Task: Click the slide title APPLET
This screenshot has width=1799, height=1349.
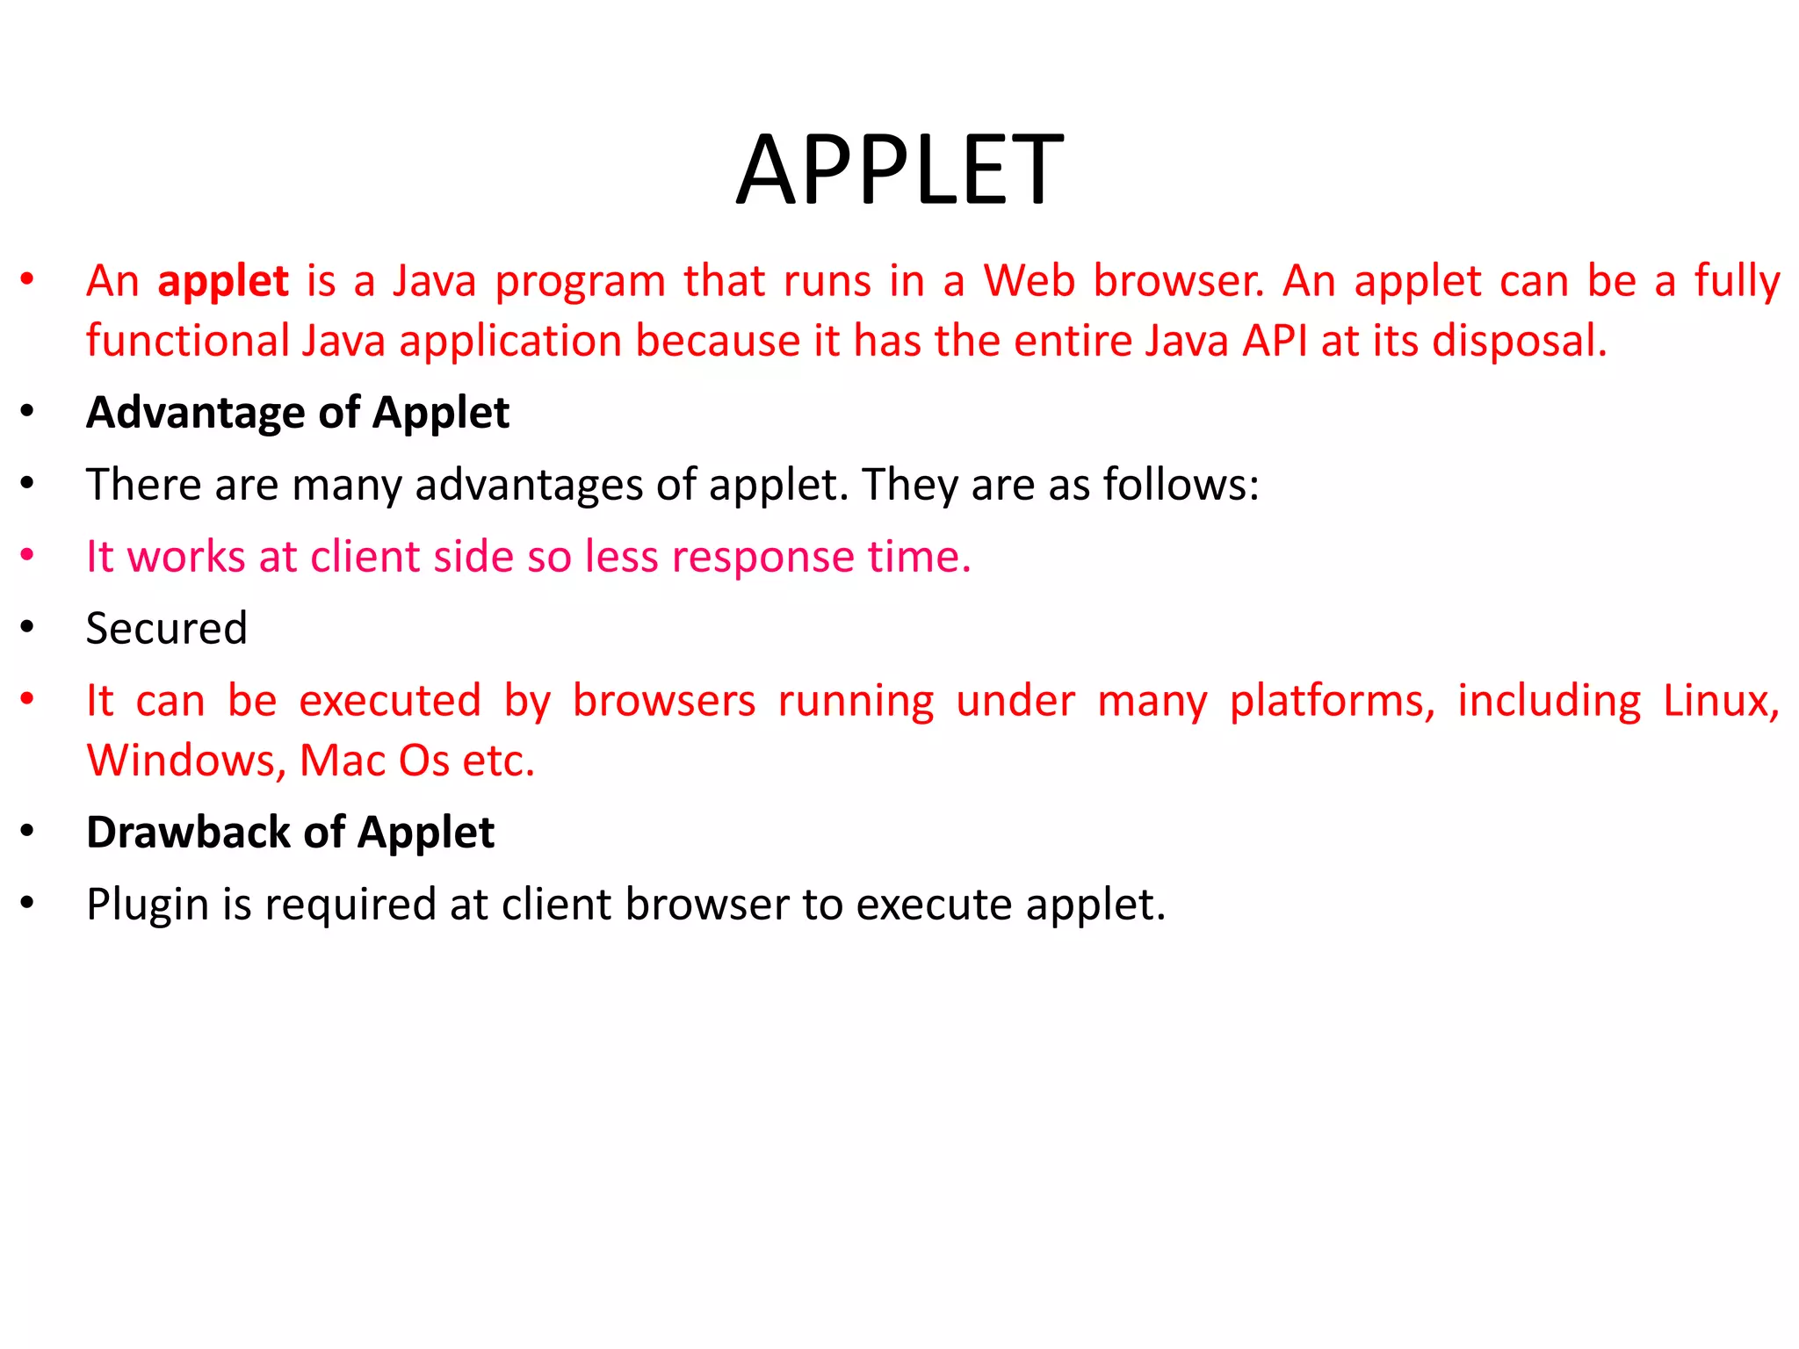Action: coord(899,170)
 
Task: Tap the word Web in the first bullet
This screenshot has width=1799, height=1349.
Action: coord(1029,281)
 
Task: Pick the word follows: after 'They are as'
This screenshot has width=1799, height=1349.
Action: coord(1181,484)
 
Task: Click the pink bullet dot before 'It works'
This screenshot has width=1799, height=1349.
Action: coord(28,555)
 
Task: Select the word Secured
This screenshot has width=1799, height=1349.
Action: coord(167,629)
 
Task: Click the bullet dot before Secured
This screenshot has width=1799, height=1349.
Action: coord(28,627)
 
